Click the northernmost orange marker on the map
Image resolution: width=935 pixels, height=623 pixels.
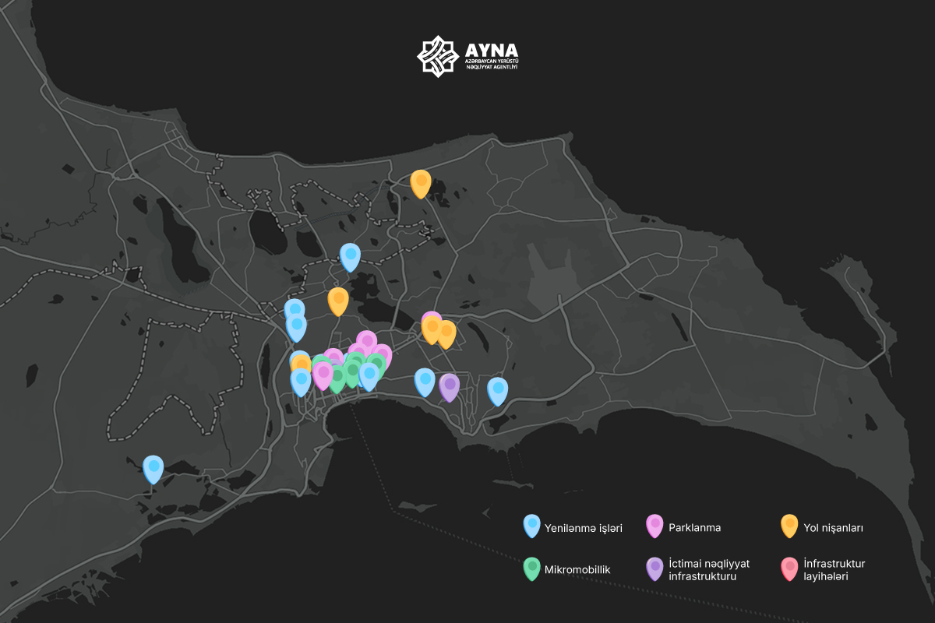(x=421, y=182)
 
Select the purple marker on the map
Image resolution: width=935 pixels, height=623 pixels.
(x=449, y=386)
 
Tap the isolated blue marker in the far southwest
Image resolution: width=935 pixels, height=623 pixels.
(x=153, y=468)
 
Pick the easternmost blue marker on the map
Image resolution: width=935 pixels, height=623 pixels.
(x=497, y=390)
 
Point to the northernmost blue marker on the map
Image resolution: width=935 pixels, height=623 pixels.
(x=350, y=255)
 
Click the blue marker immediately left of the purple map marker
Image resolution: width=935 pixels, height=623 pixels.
(x=425, y=382)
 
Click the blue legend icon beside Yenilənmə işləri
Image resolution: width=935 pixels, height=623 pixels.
(x=532, y=526)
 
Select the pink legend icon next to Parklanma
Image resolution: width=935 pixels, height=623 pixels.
(x=654, y=526)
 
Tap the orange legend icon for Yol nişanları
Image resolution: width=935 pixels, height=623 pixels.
(x=789, y=526)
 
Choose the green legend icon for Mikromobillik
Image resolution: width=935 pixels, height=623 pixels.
(x=532, y=568)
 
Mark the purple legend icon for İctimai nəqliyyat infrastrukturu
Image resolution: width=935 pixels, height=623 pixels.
(x=654, y=568)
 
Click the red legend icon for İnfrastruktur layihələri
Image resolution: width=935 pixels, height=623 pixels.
(x=789, y=568)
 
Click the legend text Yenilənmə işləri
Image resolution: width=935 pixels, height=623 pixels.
(x=584, y=528)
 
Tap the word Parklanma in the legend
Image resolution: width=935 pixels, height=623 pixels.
(x=694, y=528)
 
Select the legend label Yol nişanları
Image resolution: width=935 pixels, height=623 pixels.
(x=833, y=528)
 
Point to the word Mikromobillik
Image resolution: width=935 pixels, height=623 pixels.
(x=578, y=569)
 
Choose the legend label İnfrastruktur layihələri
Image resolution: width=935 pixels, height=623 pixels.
(x=834, y=570)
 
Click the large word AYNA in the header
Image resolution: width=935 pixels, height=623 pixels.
(x=490, y=49)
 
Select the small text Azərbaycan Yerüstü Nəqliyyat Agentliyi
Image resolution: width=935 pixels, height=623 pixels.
(x=490, y=64)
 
